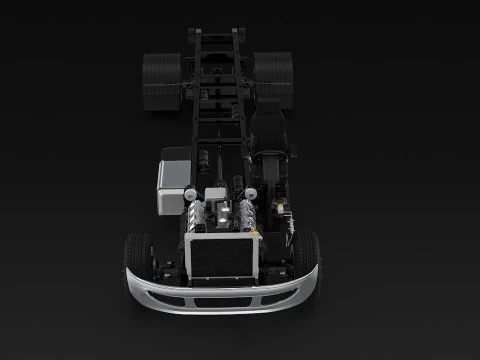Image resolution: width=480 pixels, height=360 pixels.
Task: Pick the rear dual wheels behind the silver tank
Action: point(161,80)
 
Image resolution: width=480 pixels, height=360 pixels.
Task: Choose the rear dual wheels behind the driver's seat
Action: point(273,80)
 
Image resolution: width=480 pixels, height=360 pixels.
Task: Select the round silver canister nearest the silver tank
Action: point(190,193)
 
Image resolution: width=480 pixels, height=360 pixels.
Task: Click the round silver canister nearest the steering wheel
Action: point(254,192)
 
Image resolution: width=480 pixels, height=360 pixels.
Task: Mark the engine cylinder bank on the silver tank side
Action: point(198,216)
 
